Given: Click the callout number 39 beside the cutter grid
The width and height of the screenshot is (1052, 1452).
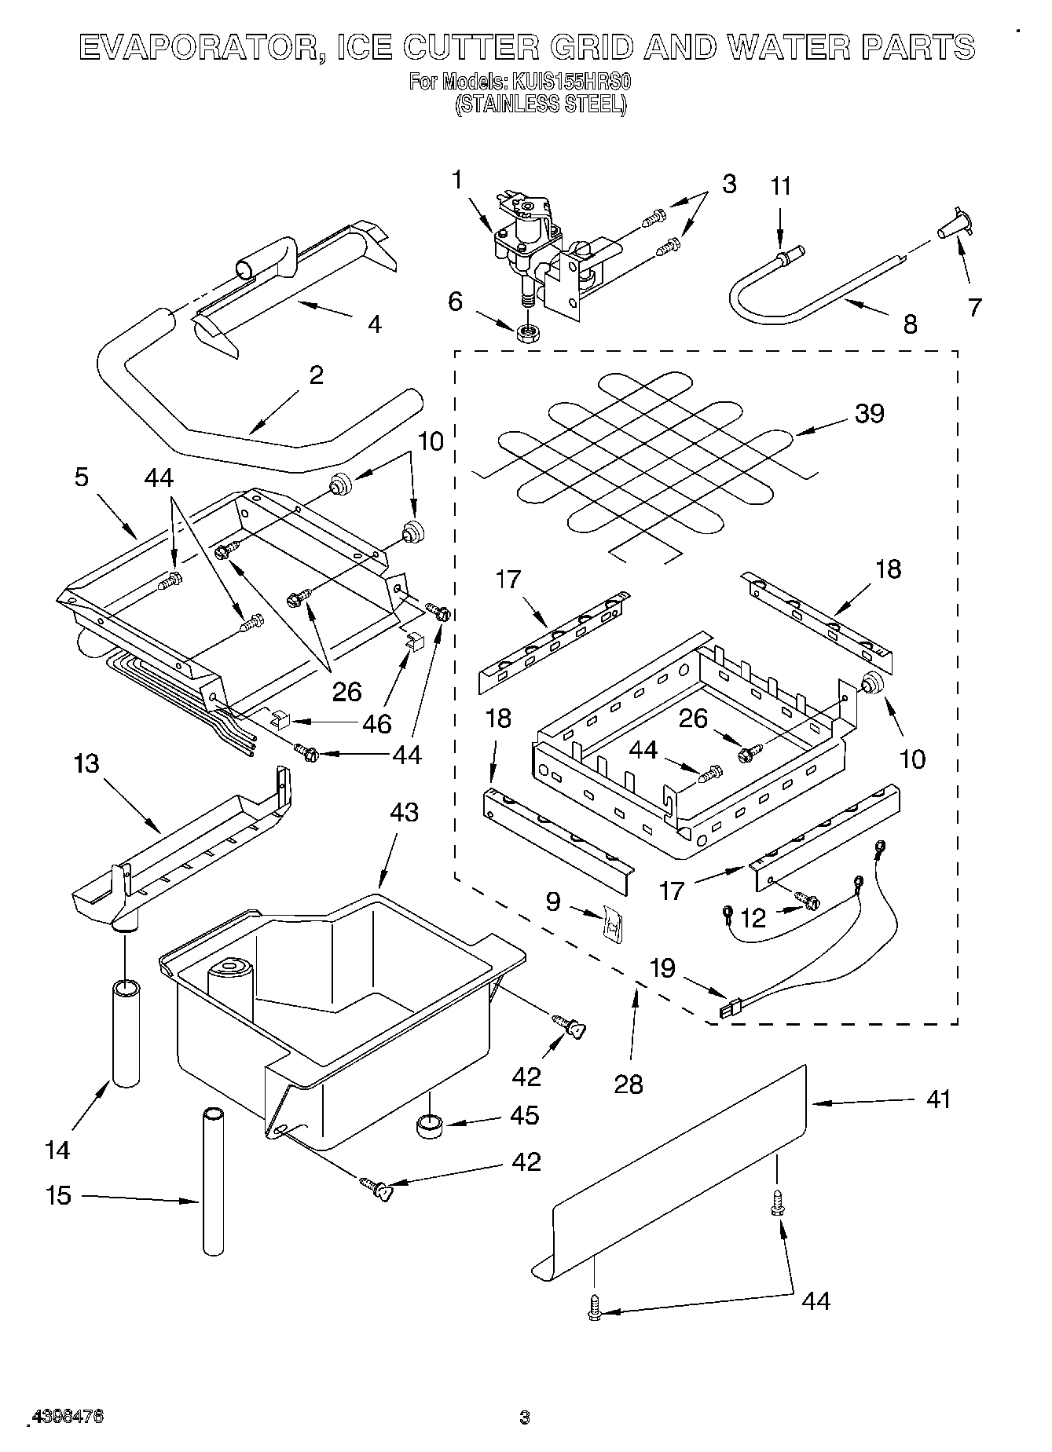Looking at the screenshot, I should tap(869, 413).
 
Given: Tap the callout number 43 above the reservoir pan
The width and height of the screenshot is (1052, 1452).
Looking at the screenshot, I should tap(404, 812).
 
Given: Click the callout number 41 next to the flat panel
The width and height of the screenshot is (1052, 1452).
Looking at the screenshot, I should tap(938, 1099).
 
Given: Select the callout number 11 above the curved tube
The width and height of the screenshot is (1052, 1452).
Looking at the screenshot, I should tap(780, 187).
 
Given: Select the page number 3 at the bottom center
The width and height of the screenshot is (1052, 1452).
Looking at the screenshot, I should tap(525, 1417).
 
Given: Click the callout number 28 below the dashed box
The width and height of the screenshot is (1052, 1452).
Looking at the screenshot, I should tap(629, 1084).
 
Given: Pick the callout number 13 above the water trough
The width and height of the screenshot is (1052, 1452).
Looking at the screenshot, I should tap(86, 763).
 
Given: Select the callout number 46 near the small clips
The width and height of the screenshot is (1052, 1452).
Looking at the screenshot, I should tap(376, 723).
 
